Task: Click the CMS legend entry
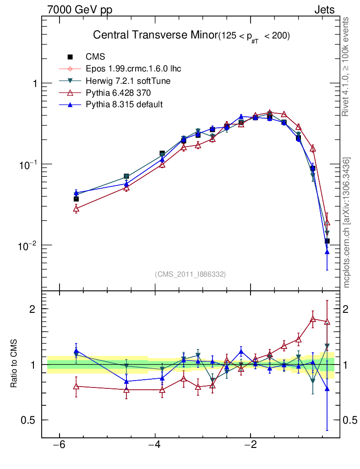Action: (95, 57)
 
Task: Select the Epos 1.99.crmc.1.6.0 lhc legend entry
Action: (133, 69)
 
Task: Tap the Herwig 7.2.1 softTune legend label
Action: (129, 81)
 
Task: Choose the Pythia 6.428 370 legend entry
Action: (121, 93)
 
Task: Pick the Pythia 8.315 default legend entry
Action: (124, 105)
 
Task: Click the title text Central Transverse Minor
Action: (155, 35)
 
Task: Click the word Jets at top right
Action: (324, 10)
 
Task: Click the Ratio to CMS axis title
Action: (13, 365)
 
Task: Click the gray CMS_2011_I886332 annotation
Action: (191, 274)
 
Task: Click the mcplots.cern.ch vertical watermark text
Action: (347, 222)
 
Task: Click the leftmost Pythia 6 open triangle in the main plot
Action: (76, 209)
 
